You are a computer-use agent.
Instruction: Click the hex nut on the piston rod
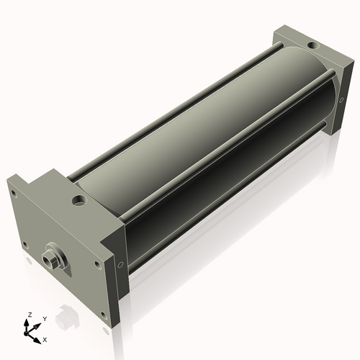pos(49,260)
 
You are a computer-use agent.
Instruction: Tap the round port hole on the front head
pos(78,200)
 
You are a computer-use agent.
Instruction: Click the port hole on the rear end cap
pos(312,45)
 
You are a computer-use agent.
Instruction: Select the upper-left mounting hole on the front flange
pos(14,194)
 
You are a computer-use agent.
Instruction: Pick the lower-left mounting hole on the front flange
pos(24,245)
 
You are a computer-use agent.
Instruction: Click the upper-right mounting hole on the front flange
pos(97,264)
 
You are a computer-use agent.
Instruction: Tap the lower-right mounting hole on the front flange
pos(104,315)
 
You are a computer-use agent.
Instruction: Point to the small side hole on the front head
pos(120,264)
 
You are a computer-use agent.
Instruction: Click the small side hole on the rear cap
pos(341,100)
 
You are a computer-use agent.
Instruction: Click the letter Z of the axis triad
pos(30,315)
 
